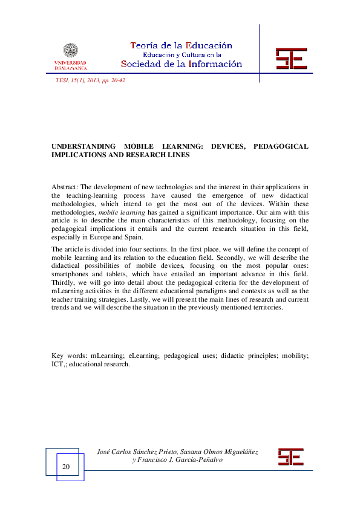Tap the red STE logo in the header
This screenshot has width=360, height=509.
pyautogui.click(x=291, y=59)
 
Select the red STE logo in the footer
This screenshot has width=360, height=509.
pyautogui.click(x=290, y=456)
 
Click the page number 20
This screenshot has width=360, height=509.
pyautogui.click(x=66, y=467)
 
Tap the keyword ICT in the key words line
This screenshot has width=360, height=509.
pyautogui.click(x=58, y=364)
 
